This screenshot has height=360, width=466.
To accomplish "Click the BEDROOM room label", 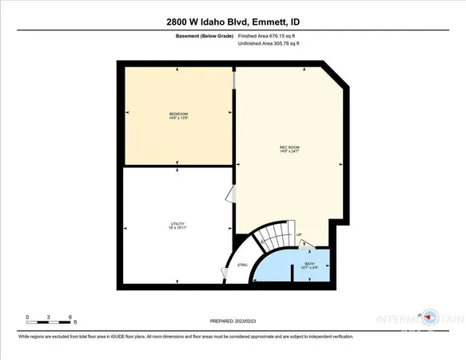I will pos(177,114).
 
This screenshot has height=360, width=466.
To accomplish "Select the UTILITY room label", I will pos(177,224).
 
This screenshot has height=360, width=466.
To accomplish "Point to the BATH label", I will pos(309,264).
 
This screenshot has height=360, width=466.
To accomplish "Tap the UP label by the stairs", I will pos(300,234).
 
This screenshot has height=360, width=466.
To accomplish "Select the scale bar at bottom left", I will pos(50,323).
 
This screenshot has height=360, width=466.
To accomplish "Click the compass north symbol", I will pos(432,314).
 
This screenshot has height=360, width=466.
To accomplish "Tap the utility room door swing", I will pos(230,194).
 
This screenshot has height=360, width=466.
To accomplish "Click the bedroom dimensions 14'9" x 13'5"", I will pos(177,119).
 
